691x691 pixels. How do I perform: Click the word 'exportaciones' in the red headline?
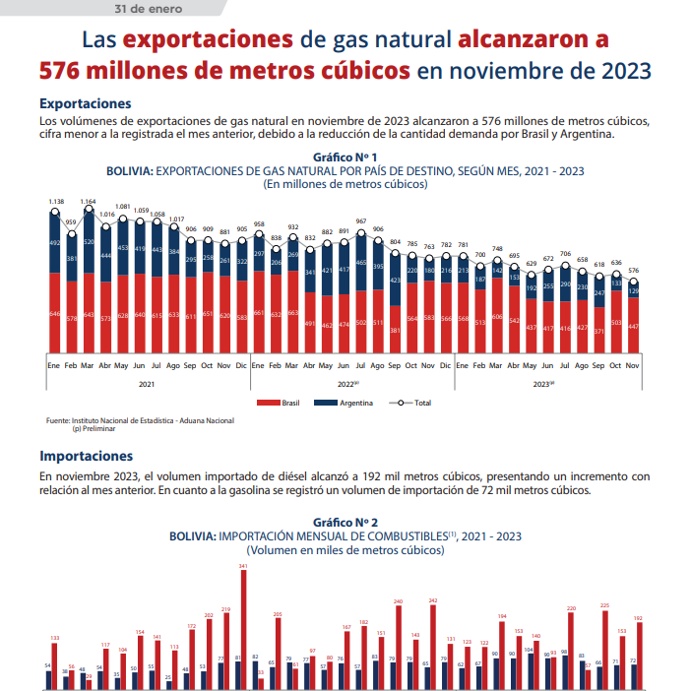tap(209, 40)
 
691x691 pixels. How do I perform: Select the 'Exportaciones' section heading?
tap(86, 102)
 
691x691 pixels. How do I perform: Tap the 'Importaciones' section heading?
tap(87, 456)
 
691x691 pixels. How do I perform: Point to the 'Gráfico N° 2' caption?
tap(345, 522)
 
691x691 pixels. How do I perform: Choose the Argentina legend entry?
tap(350, 403)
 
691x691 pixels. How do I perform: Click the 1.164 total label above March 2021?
tap(88, 202)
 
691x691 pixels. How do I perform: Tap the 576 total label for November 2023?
tap(633, 270)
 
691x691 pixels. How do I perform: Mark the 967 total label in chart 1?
tap(361, 221)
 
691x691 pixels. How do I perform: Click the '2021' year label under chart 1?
tap(147, 383)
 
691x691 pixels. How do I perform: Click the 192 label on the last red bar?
tap(638, 619)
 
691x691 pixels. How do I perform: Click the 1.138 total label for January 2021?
tap(56, 202)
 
